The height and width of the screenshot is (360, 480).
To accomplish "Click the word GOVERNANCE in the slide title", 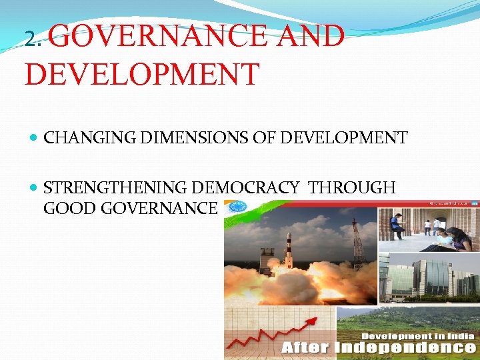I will [157, 36].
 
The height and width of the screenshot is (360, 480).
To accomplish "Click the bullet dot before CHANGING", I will [34, 138].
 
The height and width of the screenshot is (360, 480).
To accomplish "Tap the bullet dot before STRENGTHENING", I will [34, 188].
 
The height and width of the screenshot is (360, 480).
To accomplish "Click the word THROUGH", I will [352, 188].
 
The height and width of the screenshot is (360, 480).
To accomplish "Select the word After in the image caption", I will [305, 347].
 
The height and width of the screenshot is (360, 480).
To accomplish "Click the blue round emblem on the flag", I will [235, 207].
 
